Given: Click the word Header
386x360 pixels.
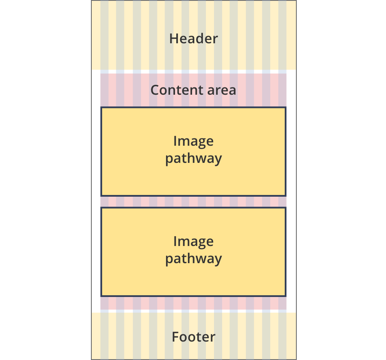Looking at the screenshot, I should pos(193,39).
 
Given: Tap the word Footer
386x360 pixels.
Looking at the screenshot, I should pos(193,337).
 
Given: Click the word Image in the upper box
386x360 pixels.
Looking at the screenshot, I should pos(193,141).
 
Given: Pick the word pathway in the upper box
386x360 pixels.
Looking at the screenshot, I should pos(193,159).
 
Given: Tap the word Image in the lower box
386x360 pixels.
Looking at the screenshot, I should pos(193,241).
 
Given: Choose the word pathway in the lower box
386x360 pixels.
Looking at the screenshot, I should pos(193,259).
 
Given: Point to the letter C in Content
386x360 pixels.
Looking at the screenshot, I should pos(155,90).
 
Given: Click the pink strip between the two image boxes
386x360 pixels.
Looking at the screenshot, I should pos(193,202).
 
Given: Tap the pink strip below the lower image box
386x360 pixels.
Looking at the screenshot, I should pos(193,303).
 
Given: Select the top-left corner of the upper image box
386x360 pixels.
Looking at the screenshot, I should pos(101,108).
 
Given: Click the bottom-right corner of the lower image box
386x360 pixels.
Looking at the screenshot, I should pos(285,295).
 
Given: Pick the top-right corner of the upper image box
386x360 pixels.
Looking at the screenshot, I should pos(285,108).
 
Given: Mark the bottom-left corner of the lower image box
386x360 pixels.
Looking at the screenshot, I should pos(101,295).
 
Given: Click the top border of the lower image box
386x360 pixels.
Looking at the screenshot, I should pos(193,208).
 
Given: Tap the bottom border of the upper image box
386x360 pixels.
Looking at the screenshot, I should pos(193,195).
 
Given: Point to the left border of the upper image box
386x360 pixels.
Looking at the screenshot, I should pos(101,152).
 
